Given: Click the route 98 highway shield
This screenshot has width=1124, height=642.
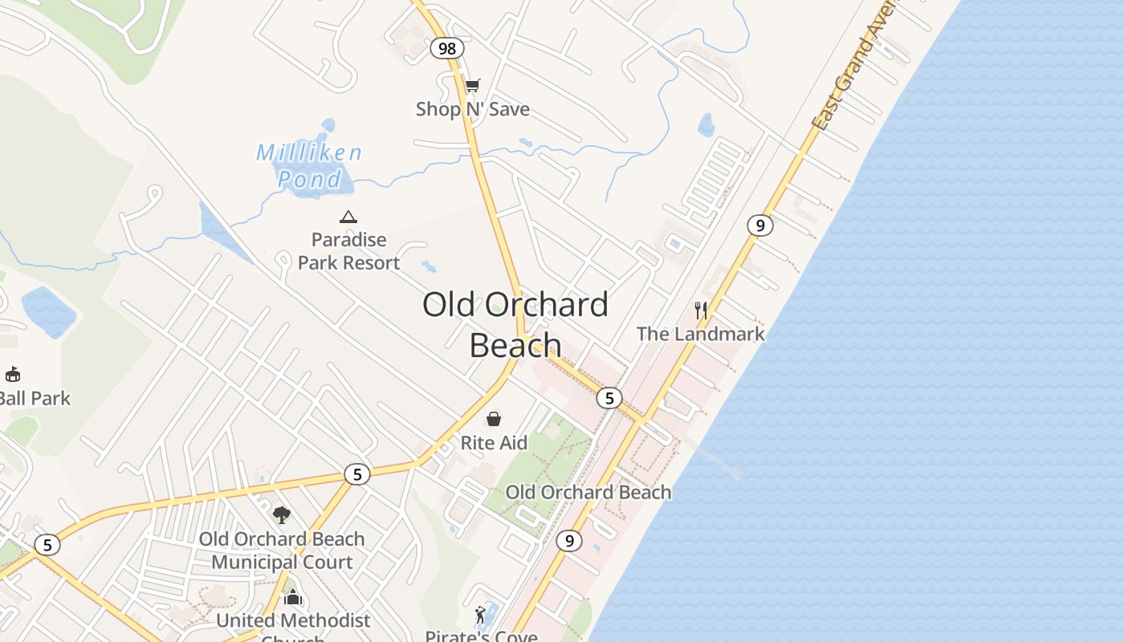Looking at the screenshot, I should click(x=447, y=49).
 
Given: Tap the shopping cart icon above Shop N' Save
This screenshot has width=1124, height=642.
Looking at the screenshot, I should click(x=473, y=85).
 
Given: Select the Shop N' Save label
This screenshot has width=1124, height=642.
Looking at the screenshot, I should click(x=473, y=109).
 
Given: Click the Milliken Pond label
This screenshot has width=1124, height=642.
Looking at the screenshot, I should click(x=310, y=165).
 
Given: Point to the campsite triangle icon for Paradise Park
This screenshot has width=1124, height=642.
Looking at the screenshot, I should click(x=348, y=217).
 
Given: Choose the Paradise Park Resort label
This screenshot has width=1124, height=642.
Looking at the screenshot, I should click(x=348, y=251).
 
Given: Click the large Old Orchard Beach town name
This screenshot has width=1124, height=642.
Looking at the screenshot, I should click(x=515, y=324).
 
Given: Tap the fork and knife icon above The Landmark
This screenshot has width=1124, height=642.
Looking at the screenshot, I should click(x=701, y=310).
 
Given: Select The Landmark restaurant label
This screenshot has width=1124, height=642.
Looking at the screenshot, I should click(x=701, y=334).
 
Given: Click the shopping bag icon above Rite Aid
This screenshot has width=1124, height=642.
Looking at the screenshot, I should click(x=494, y=419).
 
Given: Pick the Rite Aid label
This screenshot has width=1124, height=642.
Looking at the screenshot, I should click(x=494, y=443).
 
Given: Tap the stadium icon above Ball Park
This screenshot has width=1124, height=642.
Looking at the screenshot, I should click(x=13, y=374).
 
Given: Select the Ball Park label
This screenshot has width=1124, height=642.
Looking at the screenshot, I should click(x=35, y=398).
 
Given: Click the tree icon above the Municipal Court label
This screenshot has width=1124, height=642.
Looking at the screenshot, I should click(x=281, y=514).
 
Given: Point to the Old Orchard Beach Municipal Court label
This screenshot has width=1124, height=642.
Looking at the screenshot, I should click(x=282, y=551).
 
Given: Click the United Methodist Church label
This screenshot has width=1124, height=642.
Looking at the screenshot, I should click(x=293, y=621).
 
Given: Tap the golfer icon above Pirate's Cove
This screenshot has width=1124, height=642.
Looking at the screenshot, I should click(x=480, y=615).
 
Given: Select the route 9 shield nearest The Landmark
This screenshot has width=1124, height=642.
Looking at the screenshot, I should click(x=760, y=226).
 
